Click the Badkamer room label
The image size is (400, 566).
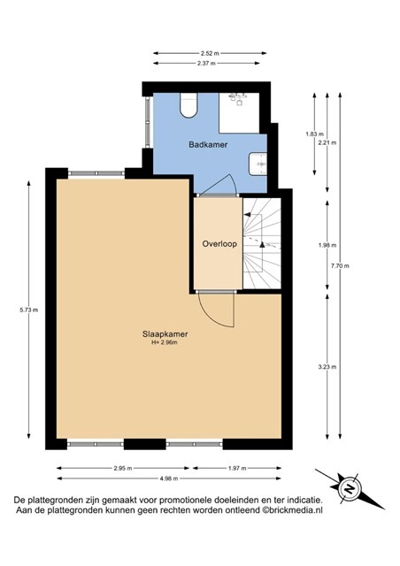click(208, 145)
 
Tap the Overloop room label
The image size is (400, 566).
click(219, 244)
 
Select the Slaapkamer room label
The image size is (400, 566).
click(165, 334)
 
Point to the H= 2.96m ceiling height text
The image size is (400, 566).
click(165, 342)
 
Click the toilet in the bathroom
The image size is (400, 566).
click(188, 105)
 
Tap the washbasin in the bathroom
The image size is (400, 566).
click(258, 164)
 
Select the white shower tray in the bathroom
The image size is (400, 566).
click(239, 113)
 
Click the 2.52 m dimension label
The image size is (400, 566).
click(210, 53)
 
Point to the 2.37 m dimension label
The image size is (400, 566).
click(206, 63)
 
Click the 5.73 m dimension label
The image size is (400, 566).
click(29, 310)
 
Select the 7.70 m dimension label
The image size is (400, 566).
click(340, 266)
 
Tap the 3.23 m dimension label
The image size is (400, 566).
click(327, 367)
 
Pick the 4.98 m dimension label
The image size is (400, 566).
click(169, 478)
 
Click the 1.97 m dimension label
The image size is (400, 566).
click(237, 469)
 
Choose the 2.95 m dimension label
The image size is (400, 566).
click(123, 469)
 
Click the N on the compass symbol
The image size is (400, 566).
click(350, 489)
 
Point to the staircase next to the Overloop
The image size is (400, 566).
click(262, 243)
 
